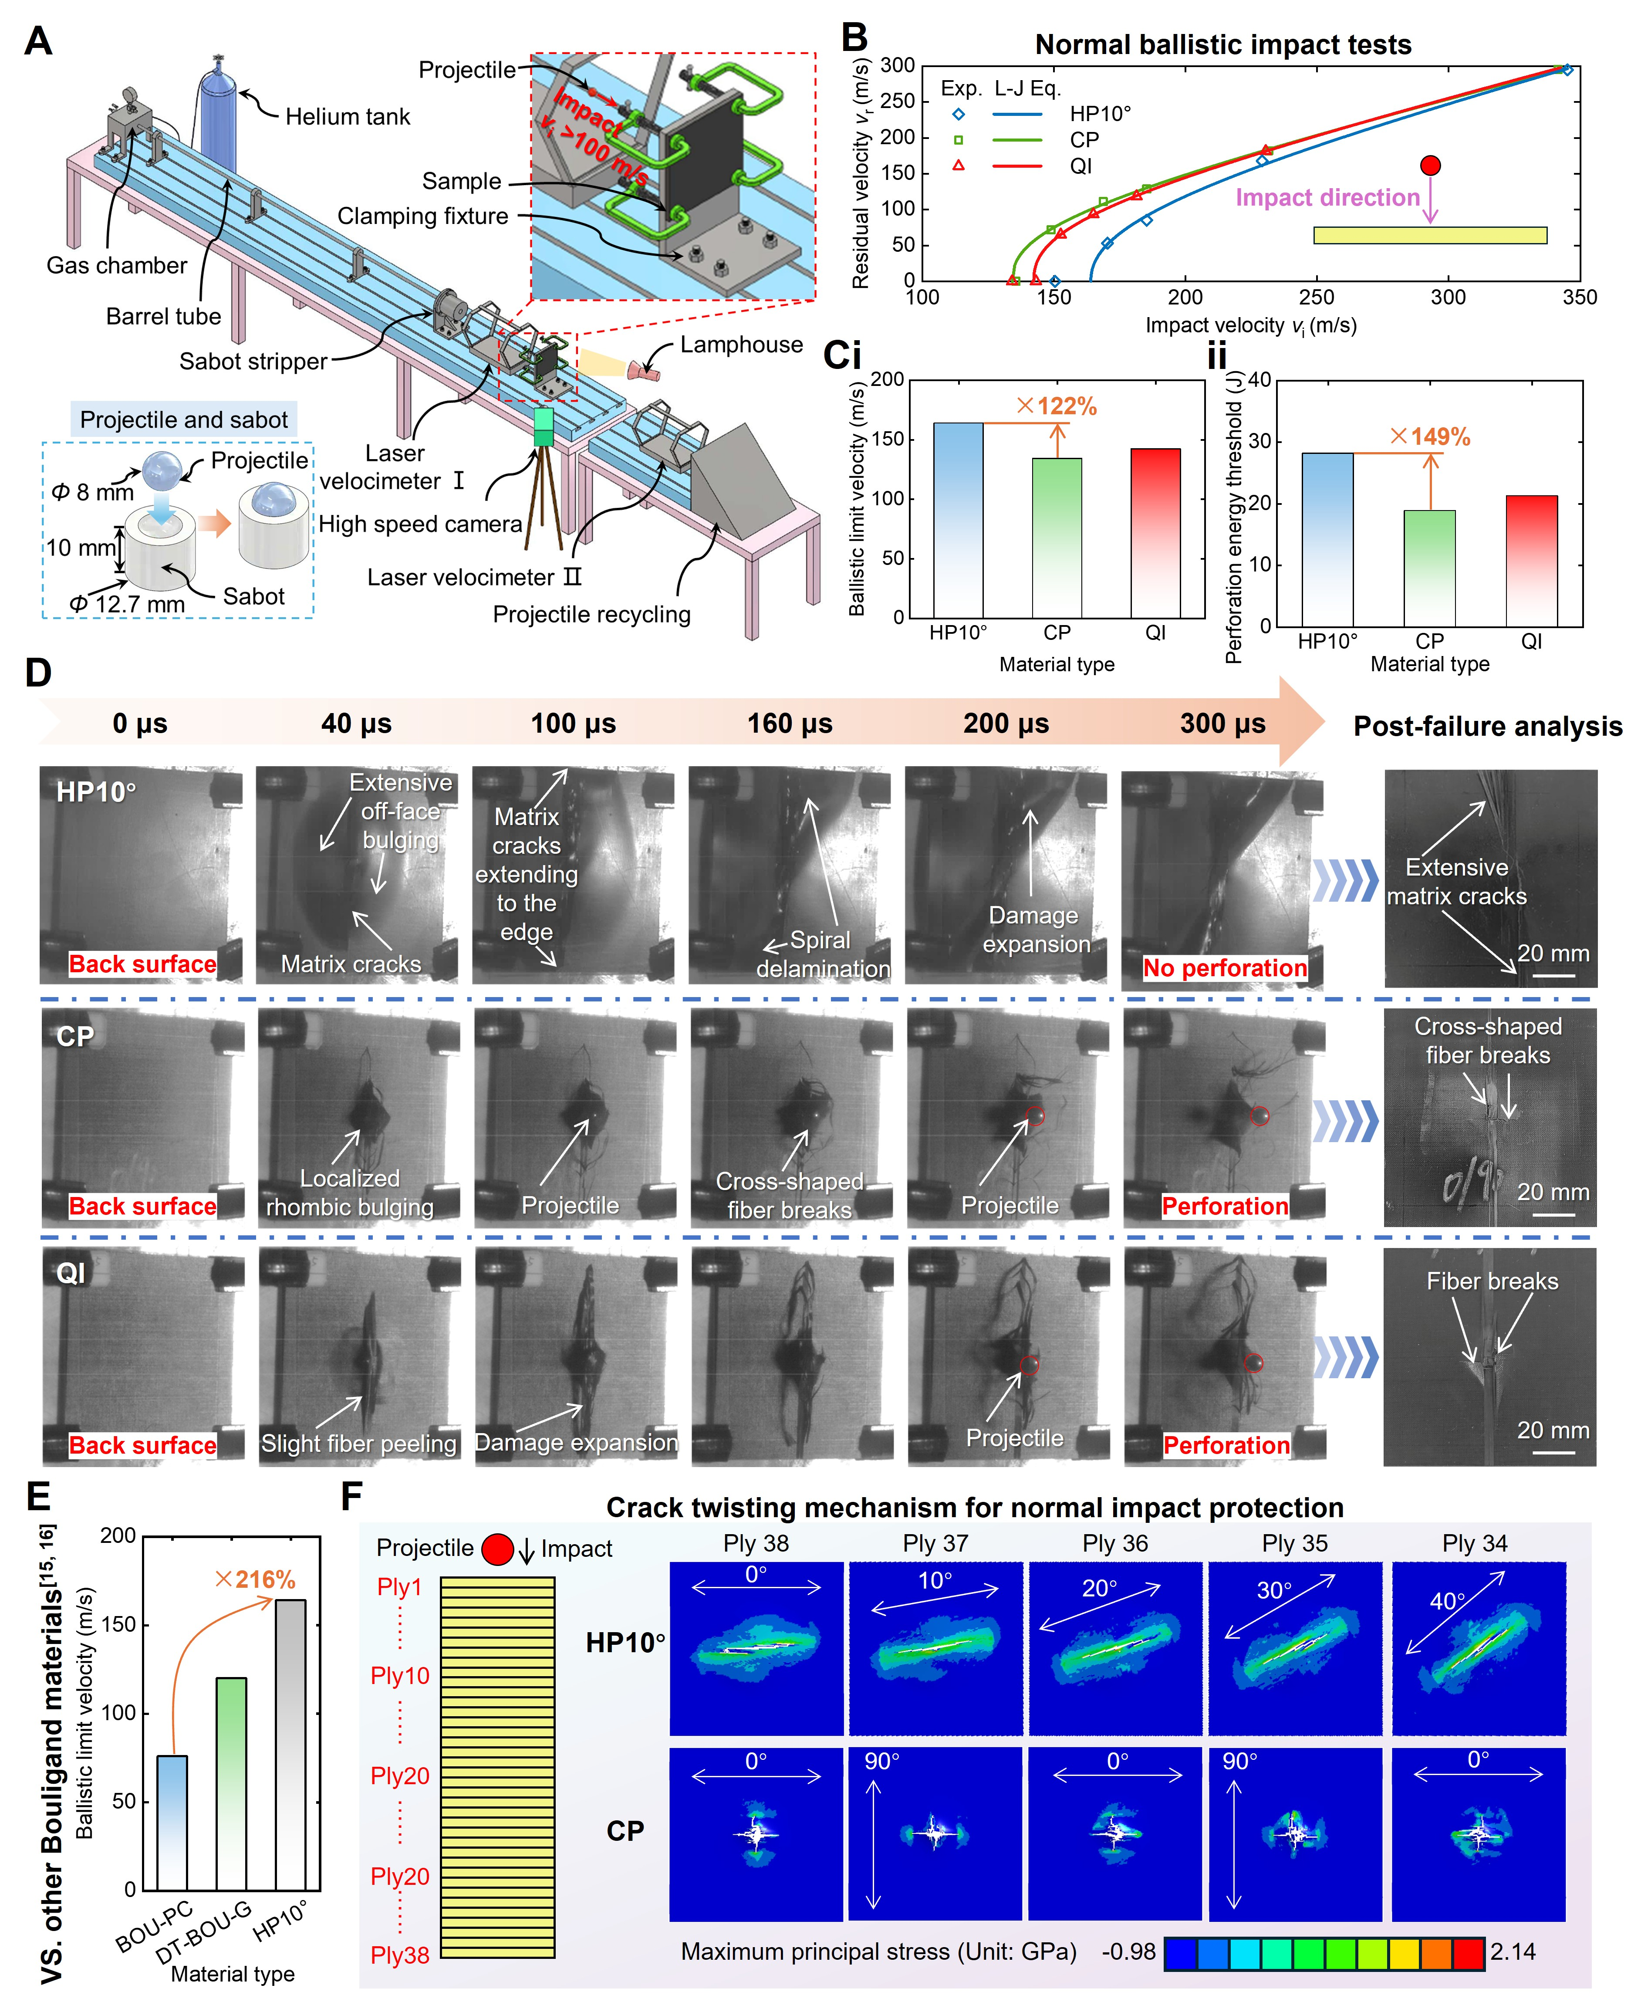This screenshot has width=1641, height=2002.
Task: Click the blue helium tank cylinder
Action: [x=218, y=113]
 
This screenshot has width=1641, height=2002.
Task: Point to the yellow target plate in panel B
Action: [x=1429, y=235]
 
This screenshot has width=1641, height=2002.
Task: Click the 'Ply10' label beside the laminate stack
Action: [x=400, y=1676]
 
